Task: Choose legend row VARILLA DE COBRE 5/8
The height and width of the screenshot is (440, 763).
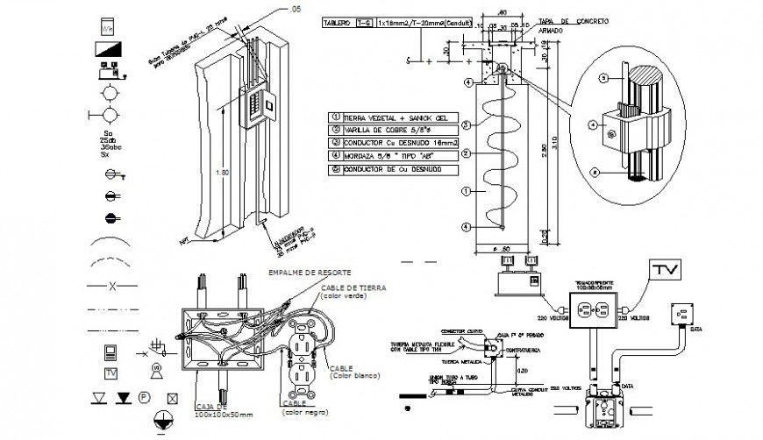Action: click(x=377, y=130)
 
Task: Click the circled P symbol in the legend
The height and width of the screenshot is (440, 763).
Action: click(x=142, y=398)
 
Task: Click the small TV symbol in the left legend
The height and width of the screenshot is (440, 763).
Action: click(x=111, y=373)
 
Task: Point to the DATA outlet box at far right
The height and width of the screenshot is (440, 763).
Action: click(x=681, y=312)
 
